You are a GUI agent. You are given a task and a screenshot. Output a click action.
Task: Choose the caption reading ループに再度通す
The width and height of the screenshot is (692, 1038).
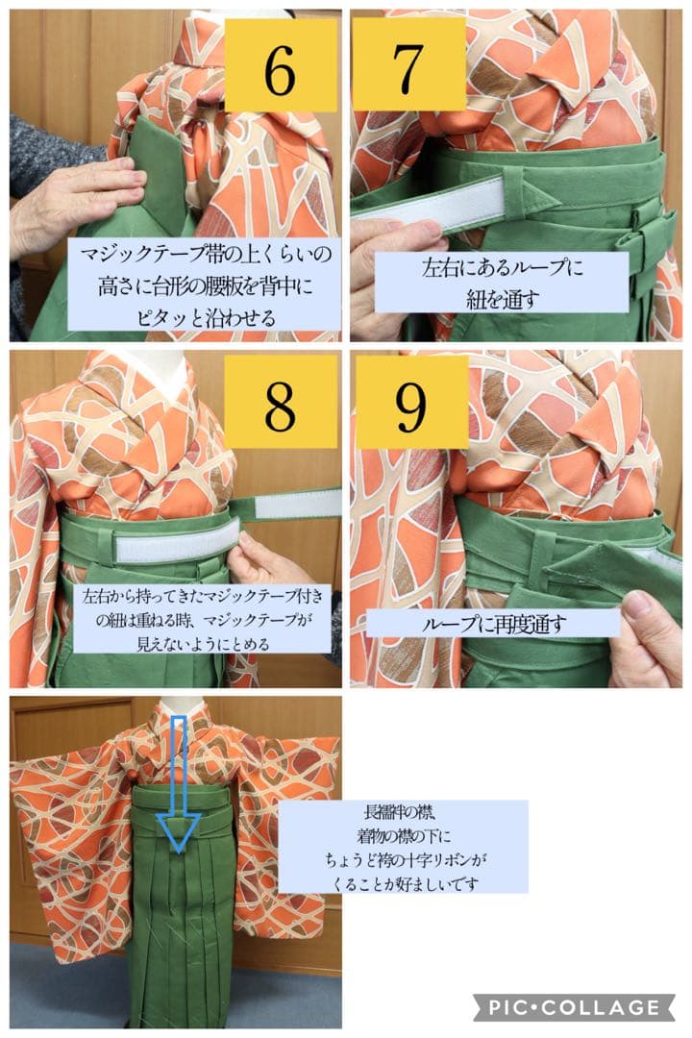[493, 623]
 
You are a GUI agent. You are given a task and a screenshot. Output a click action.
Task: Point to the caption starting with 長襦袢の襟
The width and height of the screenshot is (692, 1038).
[403, 846]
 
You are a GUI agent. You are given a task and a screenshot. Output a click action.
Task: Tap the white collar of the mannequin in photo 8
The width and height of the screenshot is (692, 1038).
[163, 370]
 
